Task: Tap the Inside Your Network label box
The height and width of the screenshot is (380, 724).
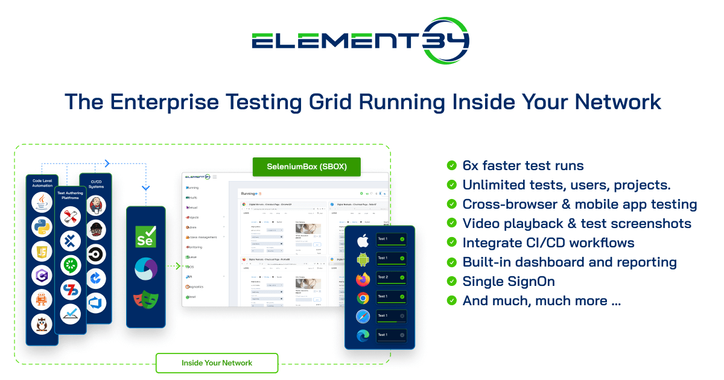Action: pos(217,363)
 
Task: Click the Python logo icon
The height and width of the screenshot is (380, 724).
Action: pos(42,226)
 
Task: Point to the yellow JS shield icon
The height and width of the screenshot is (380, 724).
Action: pos(42,250)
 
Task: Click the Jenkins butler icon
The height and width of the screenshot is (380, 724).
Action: pos(96,205)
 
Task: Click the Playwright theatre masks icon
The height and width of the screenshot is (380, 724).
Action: pos(145,300)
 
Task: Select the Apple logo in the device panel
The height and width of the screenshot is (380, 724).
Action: pos(363,241)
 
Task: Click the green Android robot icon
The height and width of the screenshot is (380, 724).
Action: pos(363,260)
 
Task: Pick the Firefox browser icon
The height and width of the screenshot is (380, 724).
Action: pos(363,279)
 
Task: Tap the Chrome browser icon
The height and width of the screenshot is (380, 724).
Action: pos(363,298)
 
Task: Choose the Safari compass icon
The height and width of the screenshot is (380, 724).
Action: pos(363,317)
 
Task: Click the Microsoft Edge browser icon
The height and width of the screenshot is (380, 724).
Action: pos(363,337)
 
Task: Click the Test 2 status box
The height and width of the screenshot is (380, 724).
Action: pos(390,279)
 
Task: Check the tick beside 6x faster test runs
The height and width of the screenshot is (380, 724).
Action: pos(451,165)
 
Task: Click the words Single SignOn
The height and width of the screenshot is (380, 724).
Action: pos(508,281)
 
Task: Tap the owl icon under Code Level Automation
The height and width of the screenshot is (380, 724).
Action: pos(42,324)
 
